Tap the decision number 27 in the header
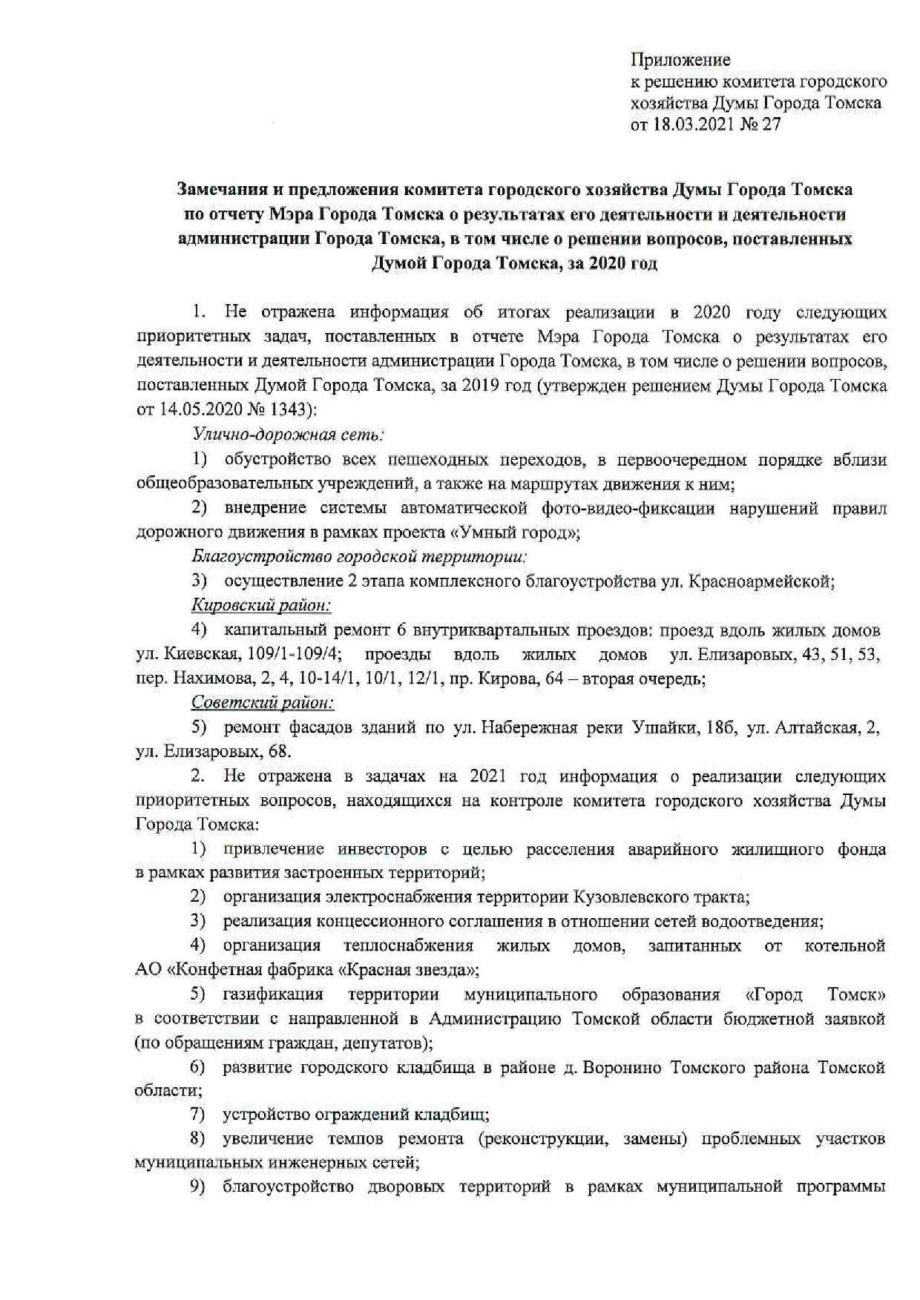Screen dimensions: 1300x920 coord(771,124)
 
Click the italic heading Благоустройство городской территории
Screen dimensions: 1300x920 coord(359,556)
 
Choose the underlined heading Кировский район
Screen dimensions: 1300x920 coord(261,605)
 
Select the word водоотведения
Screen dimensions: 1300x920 coord(771,921)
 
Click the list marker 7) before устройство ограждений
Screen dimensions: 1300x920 coord(197,1114)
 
